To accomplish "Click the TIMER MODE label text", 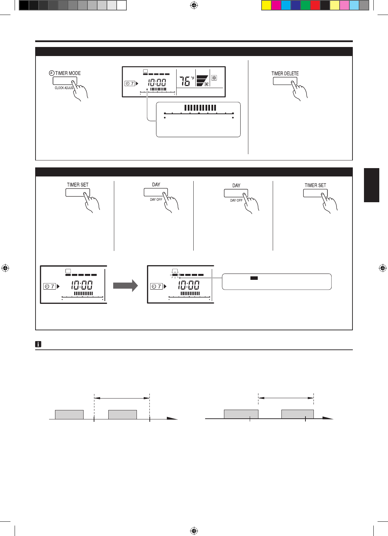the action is [68, 73].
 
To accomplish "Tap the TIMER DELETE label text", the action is [285, 73].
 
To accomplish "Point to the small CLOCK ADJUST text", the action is [64, 88].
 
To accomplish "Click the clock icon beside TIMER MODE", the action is [52, 73].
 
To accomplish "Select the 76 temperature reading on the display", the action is [185, 81].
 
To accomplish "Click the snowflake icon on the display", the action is [214, 78].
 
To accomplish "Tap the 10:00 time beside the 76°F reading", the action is [157, 83].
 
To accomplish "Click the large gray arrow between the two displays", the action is [125, 285].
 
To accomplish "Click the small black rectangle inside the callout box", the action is [254, 278].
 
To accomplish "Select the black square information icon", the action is [38, 344].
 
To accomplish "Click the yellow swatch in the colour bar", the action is [266, 5].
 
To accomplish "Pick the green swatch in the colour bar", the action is [305, 5].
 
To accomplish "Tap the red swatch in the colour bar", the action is [315, 5].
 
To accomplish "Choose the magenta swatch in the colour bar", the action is [276, 5].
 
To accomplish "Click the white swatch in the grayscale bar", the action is [122, 5].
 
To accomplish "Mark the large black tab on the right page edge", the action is [372, 185].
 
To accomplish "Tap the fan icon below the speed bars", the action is [207, 84].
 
